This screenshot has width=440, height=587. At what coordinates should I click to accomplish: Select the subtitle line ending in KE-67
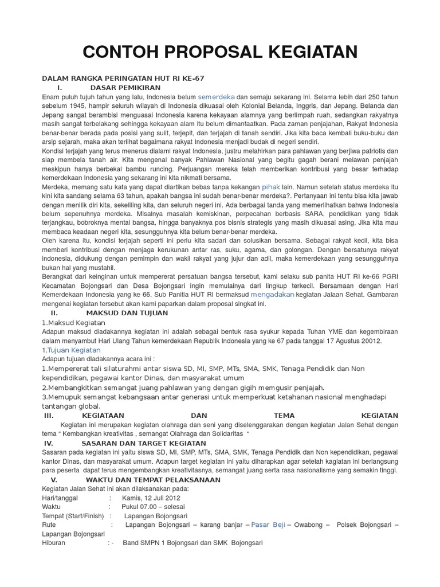coord(123,78)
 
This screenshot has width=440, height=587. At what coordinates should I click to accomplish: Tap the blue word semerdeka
coord(217,96)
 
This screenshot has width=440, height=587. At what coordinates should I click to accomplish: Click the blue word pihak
coord(271,187)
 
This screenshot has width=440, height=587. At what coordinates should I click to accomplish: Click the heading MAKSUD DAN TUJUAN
coord(127,313)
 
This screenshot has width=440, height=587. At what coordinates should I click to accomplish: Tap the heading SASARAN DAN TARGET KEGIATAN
coord(144,443)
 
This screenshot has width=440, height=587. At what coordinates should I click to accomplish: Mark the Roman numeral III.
coord(49,415)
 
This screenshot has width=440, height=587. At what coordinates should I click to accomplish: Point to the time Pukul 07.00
coord(144,507)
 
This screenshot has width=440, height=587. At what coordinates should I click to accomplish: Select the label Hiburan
coord(54,542)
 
